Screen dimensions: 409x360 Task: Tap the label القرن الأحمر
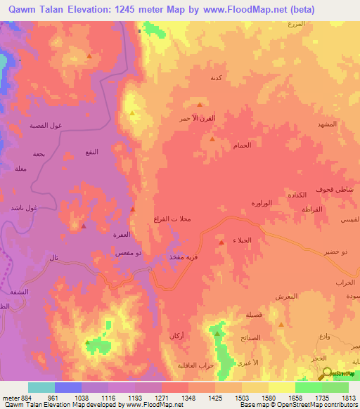pyautogui.click(x=193, y=119)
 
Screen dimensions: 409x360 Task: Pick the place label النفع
pyautogui.click(x=92, y=152)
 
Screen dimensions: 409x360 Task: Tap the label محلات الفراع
pyautogui.click(x=172, y=220)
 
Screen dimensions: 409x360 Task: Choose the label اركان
pyautogui.click(x=176, y=336)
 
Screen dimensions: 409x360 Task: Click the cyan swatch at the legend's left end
pyautogui.click(x=41, y=387)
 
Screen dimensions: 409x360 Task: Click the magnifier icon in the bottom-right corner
pyautogui.click(x=326, y=375)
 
